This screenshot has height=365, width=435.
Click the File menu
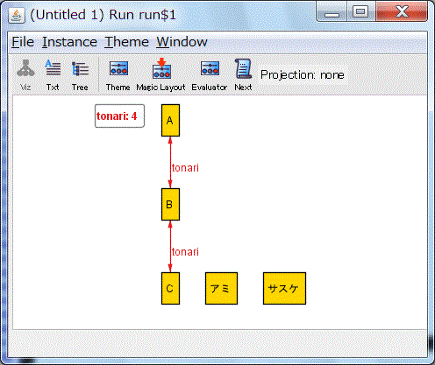23,42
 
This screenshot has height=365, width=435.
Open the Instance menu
69,42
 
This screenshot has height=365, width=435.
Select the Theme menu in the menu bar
126,42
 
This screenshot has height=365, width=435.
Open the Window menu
182,42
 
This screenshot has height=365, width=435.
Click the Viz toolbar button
25,75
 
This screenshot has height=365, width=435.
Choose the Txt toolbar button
53,75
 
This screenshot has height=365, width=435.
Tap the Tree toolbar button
80,75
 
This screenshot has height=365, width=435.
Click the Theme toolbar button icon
118,68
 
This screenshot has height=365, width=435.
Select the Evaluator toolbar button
210,75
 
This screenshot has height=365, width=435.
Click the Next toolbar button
243,75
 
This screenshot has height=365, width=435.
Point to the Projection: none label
303,75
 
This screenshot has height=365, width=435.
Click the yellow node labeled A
170,120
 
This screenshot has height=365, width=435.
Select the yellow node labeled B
170,204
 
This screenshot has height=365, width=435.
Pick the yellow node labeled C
170,288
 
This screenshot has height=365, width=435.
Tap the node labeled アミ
221,288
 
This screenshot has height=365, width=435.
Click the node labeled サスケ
284,288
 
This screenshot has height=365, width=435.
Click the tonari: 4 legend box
119,116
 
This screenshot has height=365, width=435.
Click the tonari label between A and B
185,168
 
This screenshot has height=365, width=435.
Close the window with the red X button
402,12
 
